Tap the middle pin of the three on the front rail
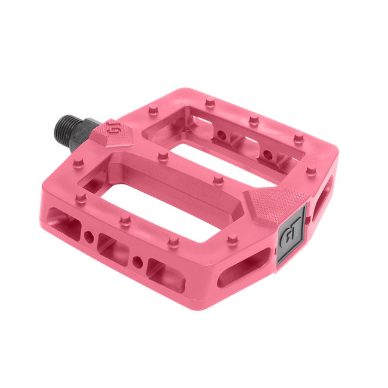[125, 220]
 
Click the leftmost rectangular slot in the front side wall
[64, 220]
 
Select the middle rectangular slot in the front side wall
[113, 246]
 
